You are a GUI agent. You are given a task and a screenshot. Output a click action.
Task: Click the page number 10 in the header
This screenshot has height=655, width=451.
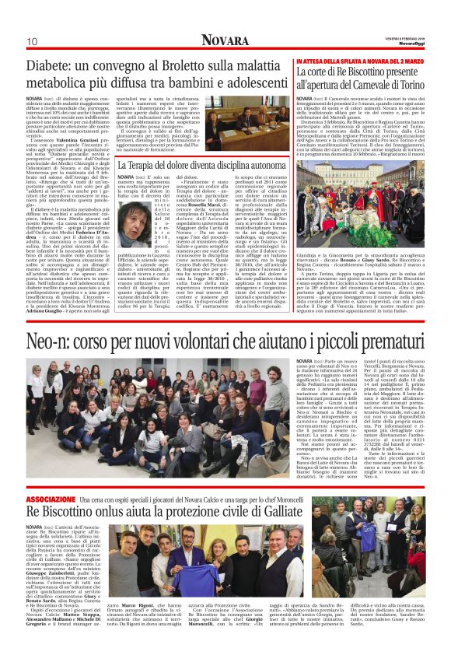click(x=33, y=40)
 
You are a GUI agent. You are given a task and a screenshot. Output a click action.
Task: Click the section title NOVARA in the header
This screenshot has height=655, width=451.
click(x=226, y=39)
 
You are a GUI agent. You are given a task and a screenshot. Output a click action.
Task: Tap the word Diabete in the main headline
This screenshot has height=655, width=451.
click(x=55, y=65)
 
